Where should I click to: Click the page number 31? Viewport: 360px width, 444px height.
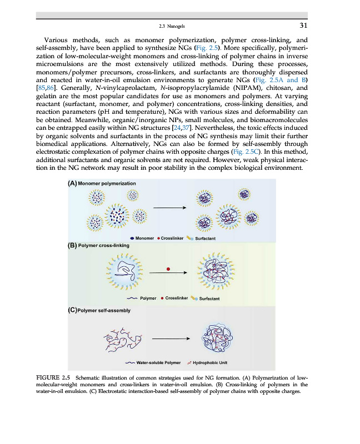pyautogui.click(x=303, y=25)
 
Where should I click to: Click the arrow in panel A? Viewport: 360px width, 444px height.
pyautogui.click(x=169, y=209)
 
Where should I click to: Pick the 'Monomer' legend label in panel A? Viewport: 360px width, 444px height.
pyautogui.click(x=145, y=238)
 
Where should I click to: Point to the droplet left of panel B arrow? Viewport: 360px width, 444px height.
pyautogui.click(x=123, y=272)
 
